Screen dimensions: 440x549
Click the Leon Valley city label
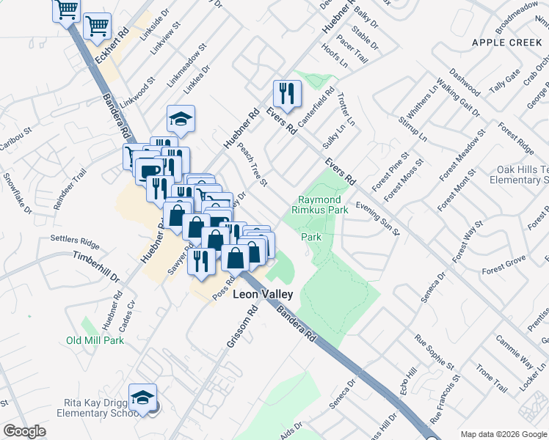click(x=263, y=294)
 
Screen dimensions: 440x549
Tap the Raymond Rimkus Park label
click(x=320, y=205)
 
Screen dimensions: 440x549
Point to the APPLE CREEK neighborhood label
click(x=506, y=43)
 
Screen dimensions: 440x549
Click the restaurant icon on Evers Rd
click(x=286, y=93)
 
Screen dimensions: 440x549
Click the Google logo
click(x=23, y=431)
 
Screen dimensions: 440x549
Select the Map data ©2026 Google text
click(x=503, y=434)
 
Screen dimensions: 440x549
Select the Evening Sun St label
click(x=378, y=219)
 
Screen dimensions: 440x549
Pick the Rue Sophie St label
click(x=435, y=351)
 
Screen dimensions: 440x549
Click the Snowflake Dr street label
click(x=16, y=193)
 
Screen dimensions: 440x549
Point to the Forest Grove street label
click(x=504, y=266)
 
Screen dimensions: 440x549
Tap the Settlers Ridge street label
click(x=74, y=239)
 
